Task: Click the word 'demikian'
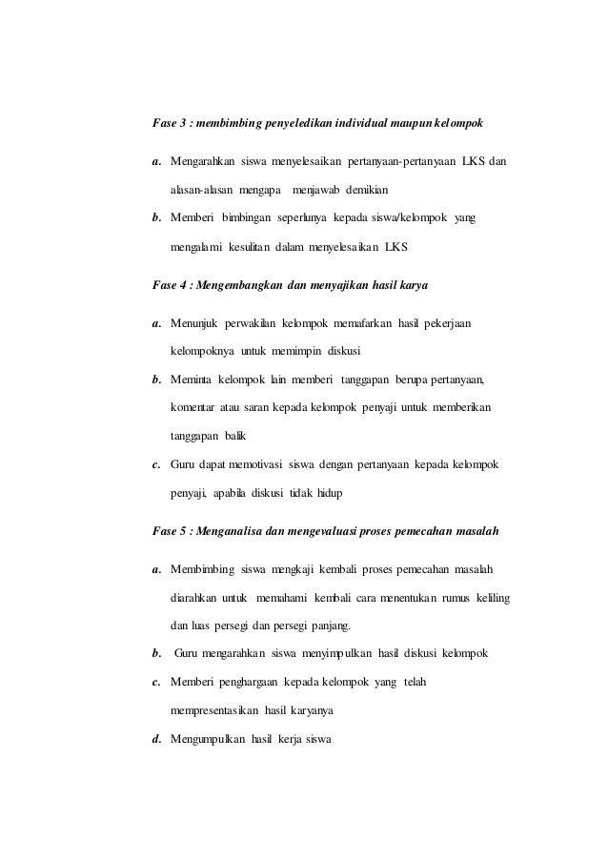[x=366, y=189]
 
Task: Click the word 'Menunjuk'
[x=194, y=319]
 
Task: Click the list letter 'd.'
[x=157, y=744]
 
